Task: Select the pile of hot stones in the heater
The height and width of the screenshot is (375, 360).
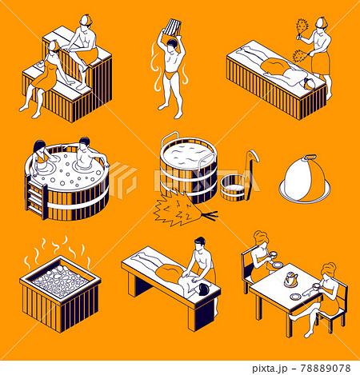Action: point(59,281)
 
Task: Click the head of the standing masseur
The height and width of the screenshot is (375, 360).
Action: point(201,244)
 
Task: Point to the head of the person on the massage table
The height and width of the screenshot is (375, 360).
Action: point(203,286)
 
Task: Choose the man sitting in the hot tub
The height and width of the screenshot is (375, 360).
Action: point(89,154)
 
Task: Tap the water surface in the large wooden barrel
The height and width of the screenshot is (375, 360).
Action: point(190,150)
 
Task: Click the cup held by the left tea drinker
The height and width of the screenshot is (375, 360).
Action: point(274,265)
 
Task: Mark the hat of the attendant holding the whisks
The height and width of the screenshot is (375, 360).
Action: point(321,22)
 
